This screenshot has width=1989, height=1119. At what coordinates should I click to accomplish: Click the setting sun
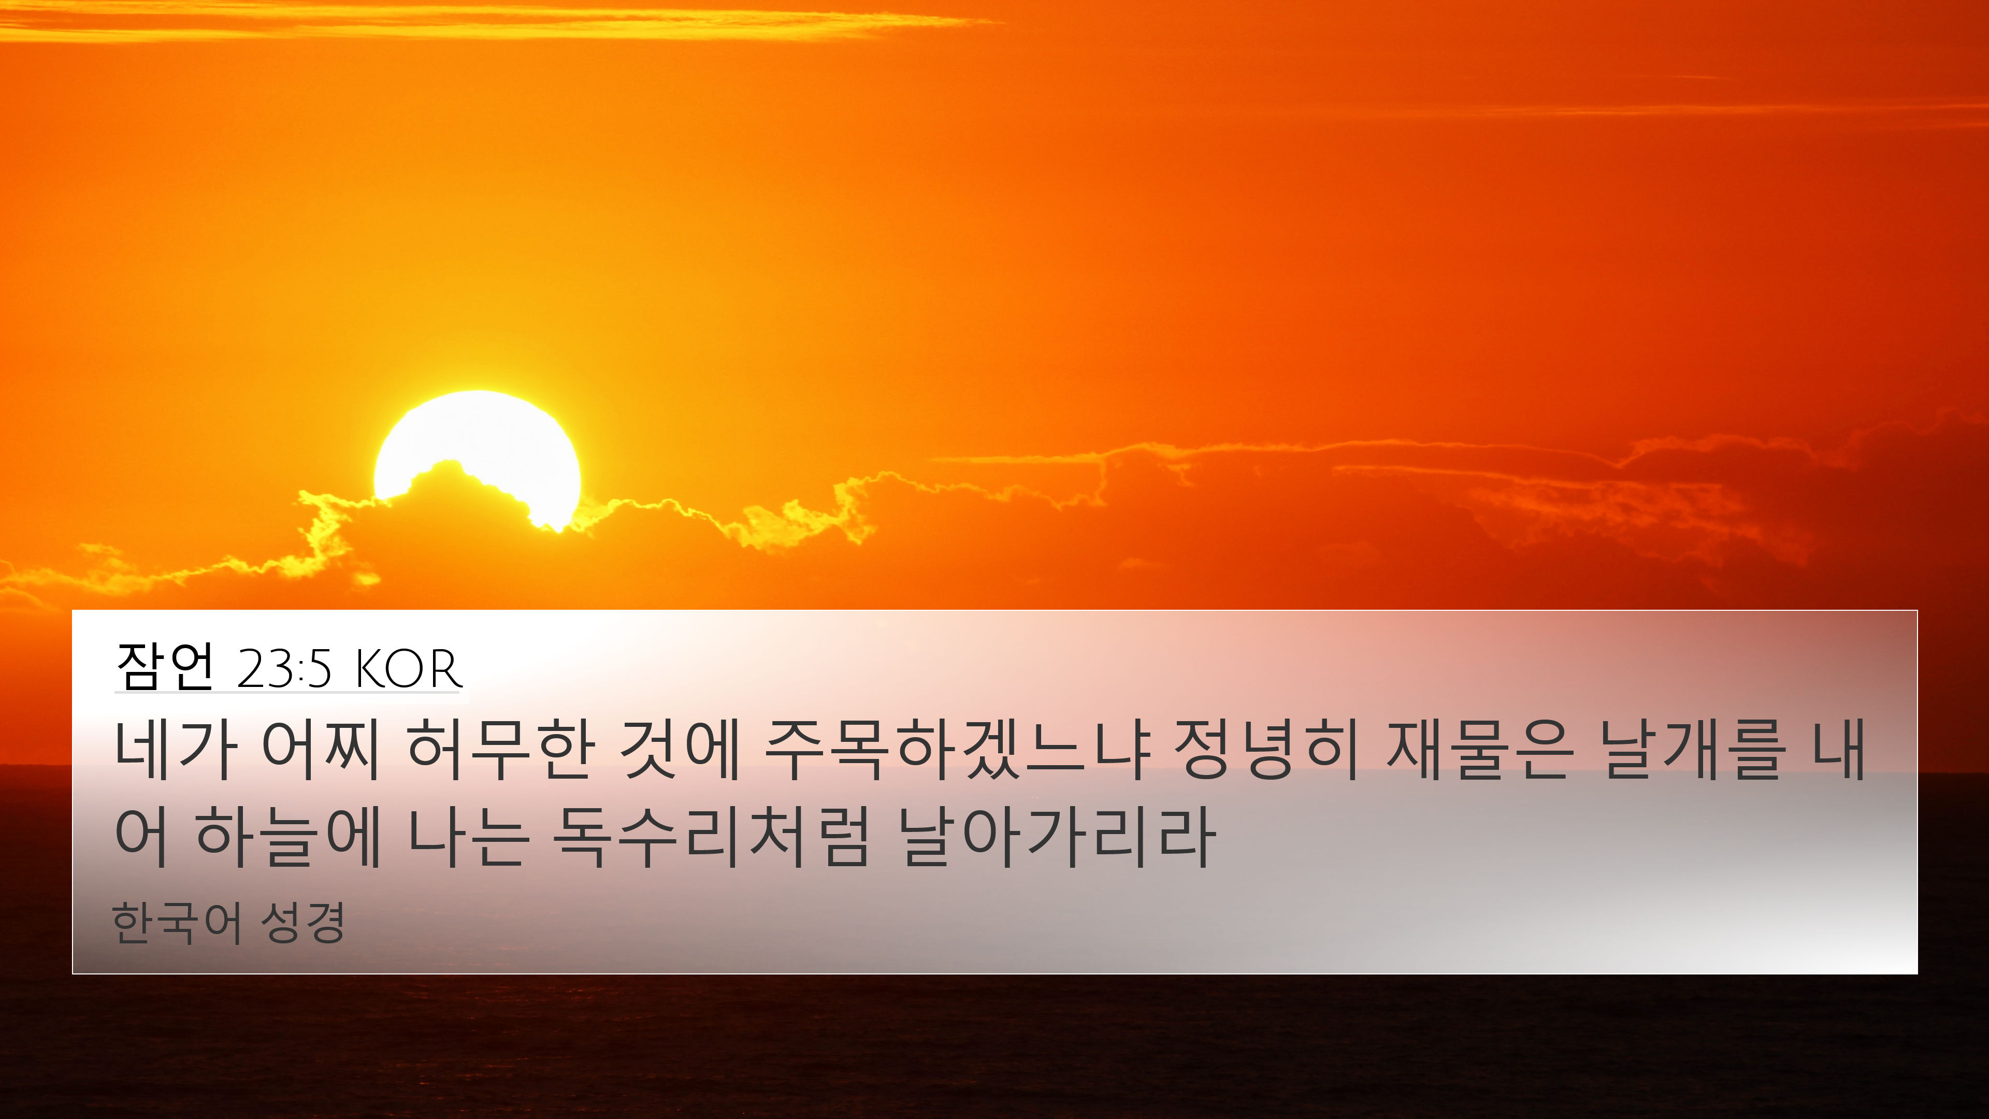477,456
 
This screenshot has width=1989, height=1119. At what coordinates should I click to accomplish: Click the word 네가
175,749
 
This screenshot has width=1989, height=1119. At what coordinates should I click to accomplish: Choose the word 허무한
501,749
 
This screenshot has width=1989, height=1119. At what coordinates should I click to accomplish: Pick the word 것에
680,749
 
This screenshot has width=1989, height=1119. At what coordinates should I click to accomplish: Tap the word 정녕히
1266,749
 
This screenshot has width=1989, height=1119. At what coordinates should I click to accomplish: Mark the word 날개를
1693,749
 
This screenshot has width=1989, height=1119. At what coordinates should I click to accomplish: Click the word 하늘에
288,836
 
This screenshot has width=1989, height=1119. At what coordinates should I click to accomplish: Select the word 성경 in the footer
302,922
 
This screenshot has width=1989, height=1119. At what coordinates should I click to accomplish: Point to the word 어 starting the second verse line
141,836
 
